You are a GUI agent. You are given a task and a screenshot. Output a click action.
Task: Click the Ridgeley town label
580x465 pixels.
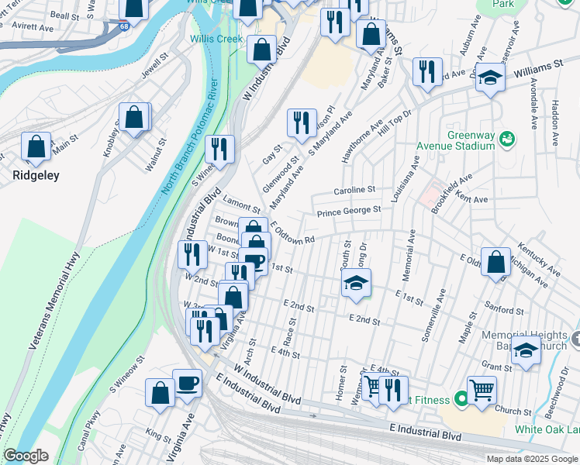(x=36, y=176)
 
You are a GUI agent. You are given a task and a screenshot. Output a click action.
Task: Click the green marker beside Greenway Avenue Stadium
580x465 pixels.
(x=507, y=139)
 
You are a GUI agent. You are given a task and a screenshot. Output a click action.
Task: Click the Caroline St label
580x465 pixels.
(x=354, y=190)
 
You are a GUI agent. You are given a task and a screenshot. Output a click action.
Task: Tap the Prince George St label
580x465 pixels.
(x=349, y=210)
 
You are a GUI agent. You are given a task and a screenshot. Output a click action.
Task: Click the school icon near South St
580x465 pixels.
(x=356, y=283)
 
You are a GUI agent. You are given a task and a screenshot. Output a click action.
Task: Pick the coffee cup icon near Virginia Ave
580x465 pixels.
(x=187, y=383)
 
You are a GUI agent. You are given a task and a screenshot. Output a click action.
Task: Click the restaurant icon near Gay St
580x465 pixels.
(x=302, y=122)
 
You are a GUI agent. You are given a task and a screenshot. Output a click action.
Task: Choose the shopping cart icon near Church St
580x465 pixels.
(x=482, y=389)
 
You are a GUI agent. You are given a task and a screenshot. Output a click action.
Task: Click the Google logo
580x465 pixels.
(x=26, y=456)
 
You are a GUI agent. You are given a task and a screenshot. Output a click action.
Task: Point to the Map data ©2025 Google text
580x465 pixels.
(x=531, y=459)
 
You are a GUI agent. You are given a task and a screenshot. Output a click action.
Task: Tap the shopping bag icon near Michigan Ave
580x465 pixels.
(x=495, y=262)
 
